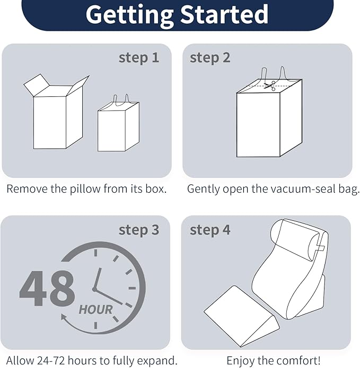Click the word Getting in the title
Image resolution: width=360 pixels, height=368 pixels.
point(130,14)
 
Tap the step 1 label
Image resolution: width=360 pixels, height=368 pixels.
point(139,58)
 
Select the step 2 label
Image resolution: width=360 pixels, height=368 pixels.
point(210,58)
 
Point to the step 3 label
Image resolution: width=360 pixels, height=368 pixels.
point(139,230)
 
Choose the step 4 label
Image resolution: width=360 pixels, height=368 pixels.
point(210,230)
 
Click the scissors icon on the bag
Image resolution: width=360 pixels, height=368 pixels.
point(270,86)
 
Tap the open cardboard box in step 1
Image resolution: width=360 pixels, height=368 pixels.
point(56,112)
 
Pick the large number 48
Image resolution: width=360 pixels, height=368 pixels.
point(47,288)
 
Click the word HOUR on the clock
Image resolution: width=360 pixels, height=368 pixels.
point(95,310)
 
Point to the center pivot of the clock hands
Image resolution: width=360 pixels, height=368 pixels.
point(95,289)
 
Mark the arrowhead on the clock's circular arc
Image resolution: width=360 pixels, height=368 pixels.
point(64,317)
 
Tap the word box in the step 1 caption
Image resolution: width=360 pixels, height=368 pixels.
point(155,189)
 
